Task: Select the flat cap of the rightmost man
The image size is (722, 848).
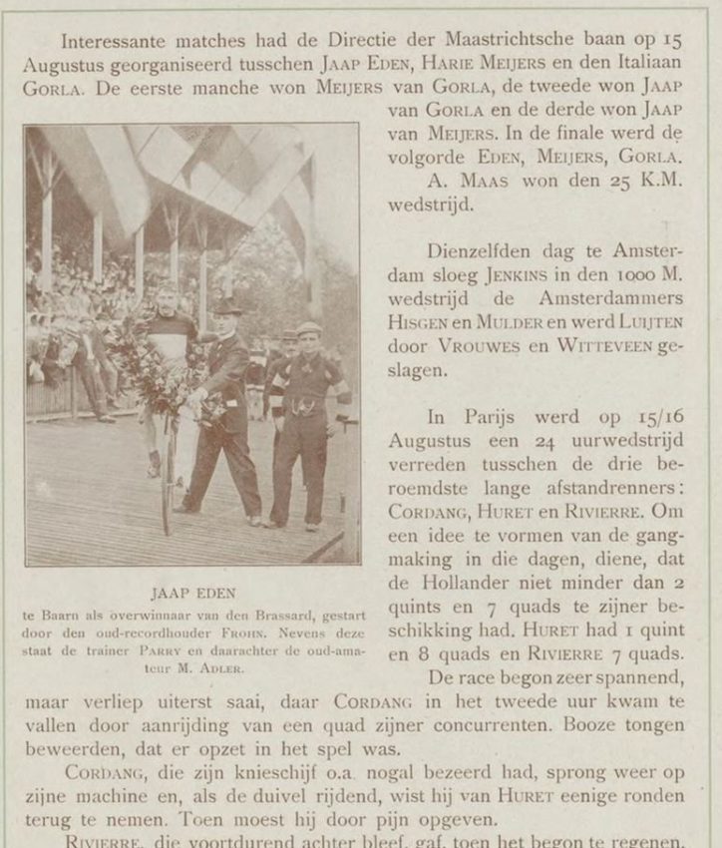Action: coord(308,328)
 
